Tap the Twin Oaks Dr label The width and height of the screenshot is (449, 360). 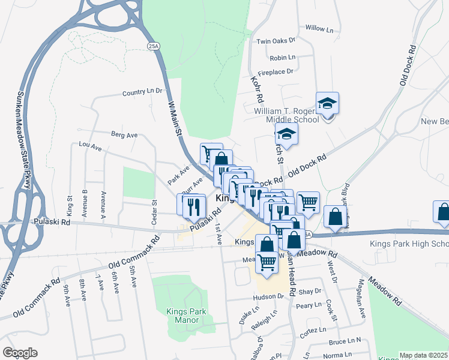click(x=276, y=41)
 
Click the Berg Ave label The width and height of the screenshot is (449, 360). click(x=124, y=135)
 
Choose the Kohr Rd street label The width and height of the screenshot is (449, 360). click(x=259, y=88)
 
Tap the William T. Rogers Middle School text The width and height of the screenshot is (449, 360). click(x=286, y=116)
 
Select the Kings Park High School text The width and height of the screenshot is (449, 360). click(x=418, y=244)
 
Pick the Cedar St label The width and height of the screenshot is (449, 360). click(x=154, y=211)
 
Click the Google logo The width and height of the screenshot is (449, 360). click(x=20, y=353)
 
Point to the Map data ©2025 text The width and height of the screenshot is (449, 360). click(x=423, y=355)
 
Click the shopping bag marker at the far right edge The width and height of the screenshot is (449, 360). click(x=443, y=212)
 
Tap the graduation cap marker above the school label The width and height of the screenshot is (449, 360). click(x=327, y=104)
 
